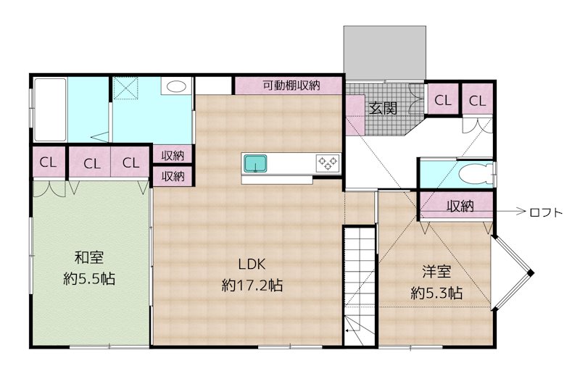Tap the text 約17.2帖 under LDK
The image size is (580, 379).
coord(252,286)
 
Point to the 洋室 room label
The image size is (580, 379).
coord(437,272)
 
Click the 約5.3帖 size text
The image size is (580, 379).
coord(436,293)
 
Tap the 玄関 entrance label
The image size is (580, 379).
coord(382,109)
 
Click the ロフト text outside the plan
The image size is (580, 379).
coord(546,212)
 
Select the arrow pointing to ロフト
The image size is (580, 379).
coord(510,212)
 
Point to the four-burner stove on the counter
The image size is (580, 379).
coord(327,164)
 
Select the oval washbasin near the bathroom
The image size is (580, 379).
coord(176,87)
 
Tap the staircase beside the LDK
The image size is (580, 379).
coord(360,283)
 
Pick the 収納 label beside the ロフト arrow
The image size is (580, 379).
coord(460,206)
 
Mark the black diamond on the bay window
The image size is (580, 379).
coord(531,272)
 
